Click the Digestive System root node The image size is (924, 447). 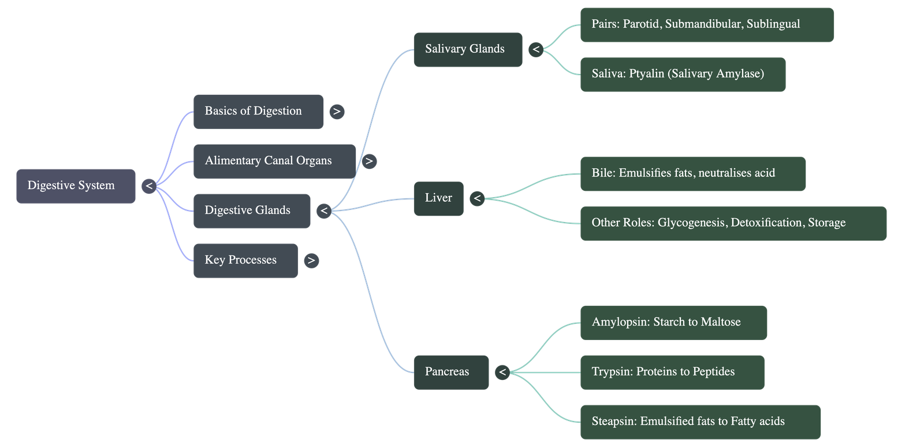point(75,186)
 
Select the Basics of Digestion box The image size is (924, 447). point(258,111)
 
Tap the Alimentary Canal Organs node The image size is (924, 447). point(274,161)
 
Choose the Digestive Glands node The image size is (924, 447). point(251,210)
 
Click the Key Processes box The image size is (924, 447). point(245,260)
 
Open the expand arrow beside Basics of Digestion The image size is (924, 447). point(337,112)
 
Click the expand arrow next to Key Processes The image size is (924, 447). point(311,260)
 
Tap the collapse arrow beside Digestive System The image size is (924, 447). point(149,186)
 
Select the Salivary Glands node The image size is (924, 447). point(467,49)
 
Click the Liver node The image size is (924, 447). point(438,198)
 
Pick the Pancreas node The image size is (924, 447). point(450,372)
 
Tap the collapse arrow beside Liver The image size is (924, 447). point(477,199)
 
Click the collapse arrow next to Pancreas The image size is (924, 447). point(502,372)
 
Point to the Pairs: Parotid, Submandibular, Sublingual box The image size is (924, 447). point(706,24)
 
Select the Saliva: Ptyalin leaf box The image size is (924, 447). point(682,74)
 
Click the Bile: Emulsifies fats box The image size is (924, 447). point(692,173)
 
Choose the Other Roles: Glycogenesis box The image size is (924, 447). point(733,223)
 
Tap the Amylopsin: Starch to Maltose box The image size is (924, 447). point(673,322)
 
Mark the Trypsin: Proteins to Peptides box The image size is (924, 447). point(672,372)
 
